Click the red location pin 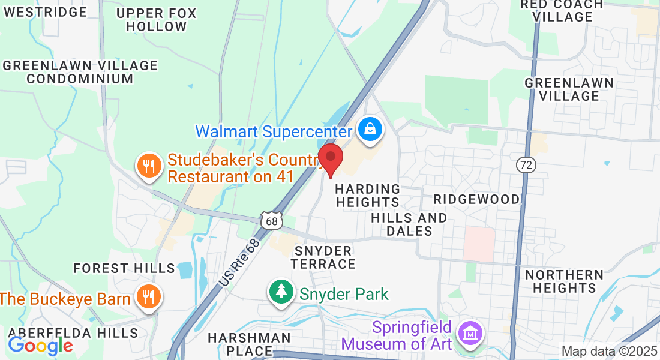tap(330, 158)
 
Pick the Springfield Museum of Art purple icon tap(470, 333)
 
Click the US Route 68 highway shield tap(271, 221)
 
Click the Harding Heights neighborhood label tap(367, 196)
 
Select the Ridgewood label tap(476, 199)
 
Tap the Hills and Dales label tap(409, 224)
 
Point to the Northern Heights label tap(564, 281)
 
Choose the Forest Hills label tap(124, 268)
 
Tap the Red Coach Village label tap(562, 11)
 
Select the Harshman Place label tap(249, 344)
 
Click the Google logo tap(40, 346)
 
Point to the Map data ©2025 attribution tap(609, 351)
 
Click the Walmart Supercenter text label tap(274, 131)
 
